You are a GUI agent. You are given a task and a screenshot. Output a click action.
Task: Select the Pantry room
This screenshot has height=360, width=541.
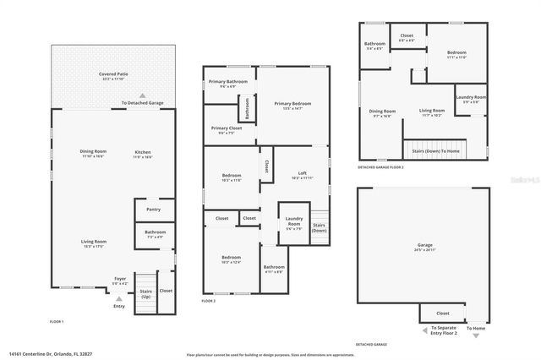(x=153, y=210)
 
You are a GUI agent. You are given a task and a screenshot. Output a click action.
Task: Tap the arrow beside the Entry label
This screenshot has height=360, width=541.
(x=117, y=298)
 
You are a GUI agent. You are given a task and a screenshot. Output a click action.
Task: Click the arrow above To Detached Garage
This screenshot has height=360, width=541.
(x=142, y=95)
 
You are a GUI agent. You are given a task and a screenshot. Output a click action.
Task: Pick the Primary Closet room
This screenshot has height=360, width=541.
(x=226, y=130)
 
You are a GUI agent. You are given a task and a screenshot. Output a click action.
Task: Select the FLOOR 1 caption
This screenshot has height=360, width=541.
(x=57, y=322)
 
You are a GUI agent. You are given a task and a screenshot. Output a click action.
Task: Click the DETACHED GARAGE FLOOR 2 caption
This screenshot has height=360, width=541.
(x=380, y=167)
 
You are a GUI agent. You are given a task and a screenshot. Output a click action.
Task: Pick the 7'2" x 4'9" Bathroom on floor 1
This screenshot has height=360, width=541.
(x=155, y=234)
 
